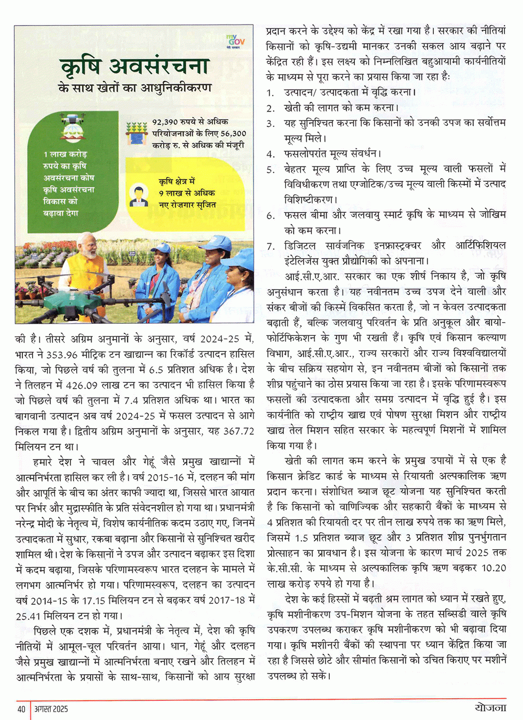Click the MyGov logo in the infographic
pos(235,41)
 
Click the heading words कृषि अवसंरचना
pos(134,67)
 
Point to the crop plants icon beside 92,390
pos(137,133)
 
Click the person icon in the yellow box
pos(139,196)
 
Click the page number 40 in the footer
pos(21,709)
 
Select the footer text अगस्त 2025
pos(51,709)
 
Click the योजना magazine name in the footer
pos(490,708)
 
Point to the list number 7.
pos(271,246)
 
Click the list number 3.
pos(271,123)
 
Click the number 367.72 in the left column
pos(239,431)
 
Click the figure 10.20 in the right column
pos(493,568)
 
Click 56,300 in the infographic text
pos(233,133)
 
